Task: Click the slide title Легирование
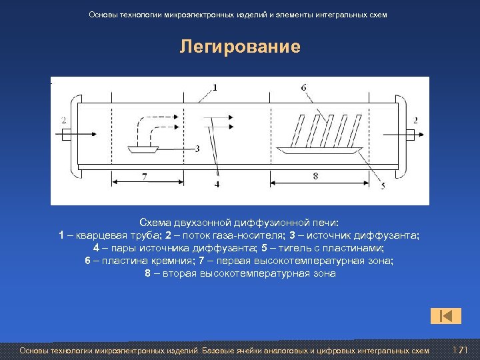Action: click(240, 47)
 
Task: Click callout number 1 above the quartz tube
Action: click(215, 87)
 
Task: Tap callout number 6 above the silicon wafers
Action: click(304, 87)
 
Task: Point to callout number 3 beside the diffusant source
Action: click(197, 149)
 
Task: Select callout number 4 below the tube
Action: click(217, 184)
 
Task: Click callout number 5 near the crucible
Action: click(382, 187)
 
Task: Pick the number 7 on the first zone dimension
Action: click(145, 176)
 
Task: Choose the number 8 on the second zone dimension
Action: click(315, 176)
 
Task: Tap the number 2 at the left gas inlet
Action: click(63, 121)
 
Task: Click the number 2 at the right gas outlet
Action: click(415, 121)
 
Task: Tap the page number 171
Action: click(460, 351)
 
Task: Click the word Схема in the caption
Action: click(155, 222)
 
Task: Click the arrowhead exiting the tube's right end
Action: click(421, 135)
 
